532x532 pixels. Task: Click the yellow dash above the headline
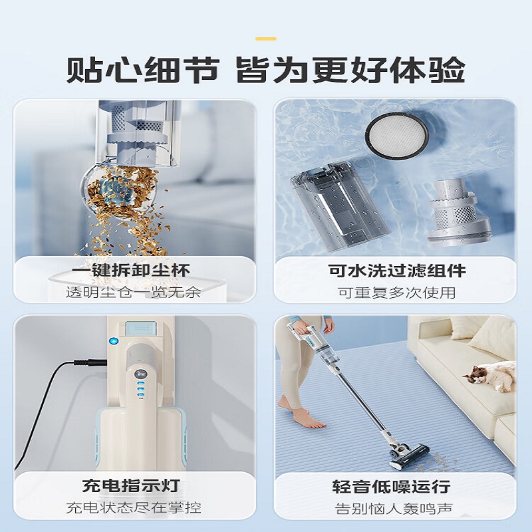pos(266,39)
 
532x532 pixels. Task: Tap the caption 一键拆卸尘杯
pos(132,271)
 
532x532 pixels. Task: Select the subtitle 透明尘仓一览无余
pos(133,292)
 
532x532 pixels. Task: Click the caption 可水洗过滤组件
pos(397,271)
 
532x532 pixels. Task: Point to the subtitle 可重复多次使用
pos(397,292)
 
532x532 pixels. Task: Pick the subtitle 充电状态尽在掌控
pos(133,508)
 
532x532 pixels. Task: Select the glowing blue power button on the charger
pos(113,342)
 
